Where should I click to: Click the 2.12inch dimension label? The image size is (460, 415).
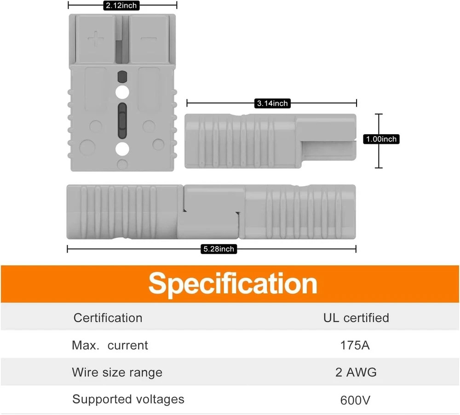click(121, 6)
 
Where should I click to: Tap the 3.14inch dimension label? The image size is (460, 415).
click(272, 103)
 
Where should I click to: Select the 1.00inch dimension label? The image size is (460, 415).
click(381, 139)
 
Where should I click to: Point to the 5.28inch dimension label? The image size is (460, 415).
click(219, 249)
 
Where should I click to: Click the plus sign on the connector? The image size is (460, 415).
click(96, 39)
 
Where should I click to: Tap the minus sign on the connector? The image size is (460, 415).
click(149, 39)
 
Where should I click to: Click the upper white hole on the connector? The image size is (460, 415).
click(122, 92)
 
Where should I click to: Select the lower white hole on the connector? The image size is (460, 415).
click(122, 148)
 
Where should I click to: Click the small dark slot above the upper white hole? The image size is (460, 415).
click(122, 77)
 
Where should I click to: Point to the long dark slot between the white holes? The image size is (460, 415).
click(122, 120)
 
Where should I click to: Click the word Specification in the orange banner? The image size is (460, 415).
click(233, 284)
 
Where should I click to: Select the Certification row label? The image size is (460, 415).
click(108, 318)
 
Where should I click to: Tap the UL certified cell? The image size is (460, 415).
click(356, 318)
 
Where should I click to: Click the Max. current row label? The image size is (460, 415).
click(110, 345)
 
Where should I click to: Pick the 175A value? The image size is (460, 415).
click(355, 345)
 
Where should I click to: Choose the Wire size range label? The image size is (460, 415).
click(117, 373)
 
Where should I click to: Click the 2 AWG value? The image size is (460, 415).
click(356, 372)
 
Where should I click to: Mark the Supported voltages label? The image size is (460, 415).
click(128, 399)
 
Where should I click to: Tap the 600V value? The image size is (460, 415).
click(355, 400)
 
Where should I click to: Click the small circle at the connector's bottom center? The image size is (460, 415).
click(122, 164)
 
